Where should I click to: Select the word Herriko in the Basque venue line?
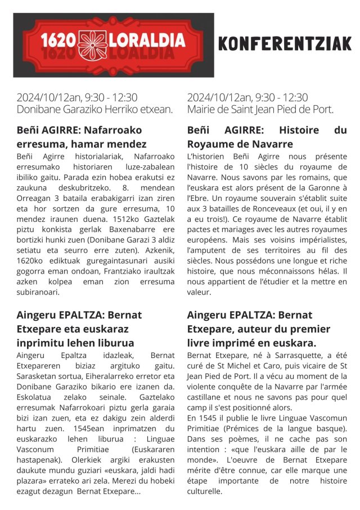tap(113, 109)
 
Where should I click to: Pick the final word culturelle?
tap(206, 491)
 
